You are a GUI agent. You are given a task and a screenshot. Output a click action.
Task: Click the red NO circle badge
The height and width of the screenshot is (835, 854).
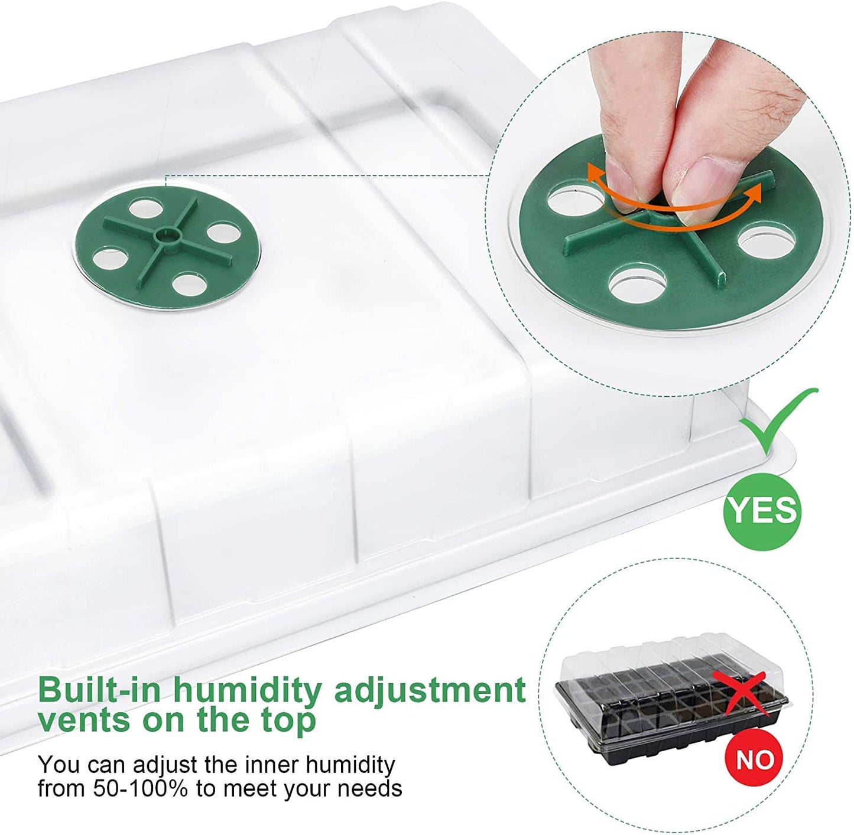(754, 759)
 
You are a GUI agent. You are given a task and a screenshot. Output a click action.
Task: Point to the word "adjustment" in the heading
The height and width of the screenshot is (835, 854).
(430, 690)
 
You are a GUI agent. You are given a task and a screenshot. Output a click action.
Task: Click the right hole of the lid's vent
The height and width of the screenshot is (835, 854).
(224, 231)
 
